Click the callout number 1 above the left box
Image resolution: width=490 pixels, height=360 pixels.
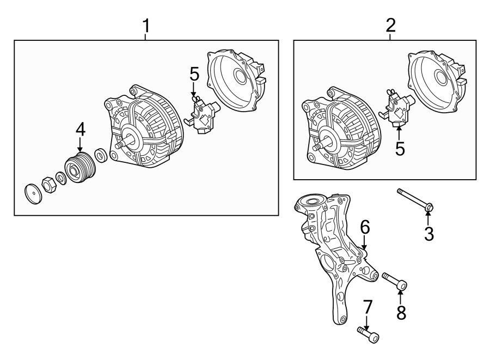click(145, 26)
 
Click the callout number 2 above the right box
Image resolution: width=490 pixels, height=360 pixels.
click(390, 26)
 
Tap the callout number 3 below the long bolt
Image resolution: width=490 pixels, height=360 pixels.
click(429, 234)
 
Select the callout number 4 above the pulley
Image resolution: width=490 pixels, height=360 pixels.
click(80, 130)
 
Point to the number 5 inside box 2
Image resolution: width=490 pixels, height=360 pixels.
click(400, 149)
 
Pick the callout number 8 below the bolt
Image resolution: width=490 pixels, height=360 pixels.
click(401, 313)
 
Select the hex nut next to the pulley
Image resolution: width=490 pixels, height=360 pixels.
click(49, 186)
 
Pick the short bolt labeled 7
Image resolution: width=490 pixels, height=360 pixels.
click(368, 334)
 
